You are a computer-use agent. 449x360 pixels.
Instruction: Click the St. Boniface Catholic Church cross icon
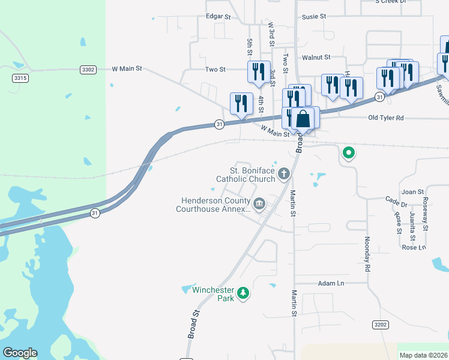pos(284,174)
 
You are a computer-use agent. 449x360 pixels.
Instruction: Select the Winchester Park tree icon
pos(243,293)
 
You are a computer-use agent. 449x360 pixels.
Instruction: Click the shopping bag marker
pos(303,118)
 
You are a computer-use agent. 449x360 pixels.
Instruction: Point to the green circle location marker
pos(348,154)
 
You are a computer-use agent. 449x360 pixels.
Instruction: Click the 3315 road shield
pos(20,78)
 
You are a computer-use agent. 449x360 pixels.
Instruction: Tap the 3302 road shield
pos(88,70)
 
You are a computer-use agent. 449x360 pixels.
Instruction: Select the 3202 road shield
pos(380,325)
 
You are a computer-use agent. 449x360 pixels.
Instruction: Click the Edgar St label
pos(218,17)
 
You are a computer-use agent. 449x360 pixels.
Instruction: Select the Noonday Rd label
pos(366,254)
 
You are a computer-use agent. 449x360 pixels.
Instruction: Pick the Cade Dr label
pos(397,199)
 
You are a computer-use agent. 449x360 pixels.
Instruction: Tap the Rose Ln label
pos(414,247)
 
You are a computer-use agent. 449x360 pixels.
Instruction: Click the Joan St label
pos(413,192)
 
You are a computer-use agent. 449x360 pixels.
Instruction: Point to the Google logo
pos(20,353)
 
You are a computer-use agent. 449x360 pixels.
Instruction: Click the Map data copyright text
pos(423,355)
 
